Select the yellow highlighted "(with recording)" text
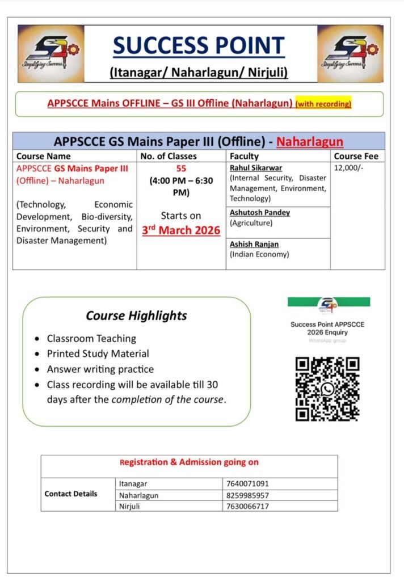323,104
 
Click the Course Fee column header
356,156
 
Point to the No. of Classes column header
169,156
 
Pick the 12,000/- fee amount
347,169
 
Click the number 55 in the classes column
181,169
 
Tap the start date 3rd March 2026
181,230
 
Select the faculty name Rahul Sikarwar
256,168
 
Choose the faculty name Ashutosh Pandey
260,213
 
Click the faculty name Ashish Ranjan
254,245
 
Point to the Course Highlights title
136,315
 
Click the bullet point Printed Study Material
98,353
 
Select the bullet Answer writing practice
100,369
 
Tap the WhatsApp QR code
327,389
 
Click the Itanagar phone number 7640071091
247,484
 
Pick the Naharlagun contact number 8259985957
247,495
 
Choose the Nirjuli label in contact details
129,506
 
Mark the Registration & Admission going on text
189,462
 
